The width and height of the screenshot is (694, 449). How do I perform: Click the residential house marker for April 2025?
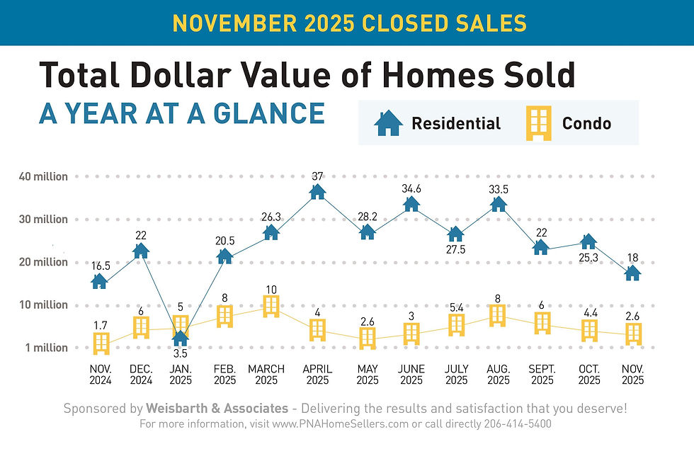tap(317, 191)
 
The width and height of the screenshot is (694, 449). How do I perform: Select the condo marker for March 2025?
tap(271, 306)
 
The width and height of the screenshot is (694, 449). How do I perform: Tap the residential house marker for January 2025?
tap(181, 338)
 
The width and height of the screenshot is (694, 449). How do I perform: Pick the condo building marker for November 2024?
tap(102, 343)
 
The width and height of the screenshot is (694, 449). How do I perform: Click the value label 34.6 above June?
tap(412, 188)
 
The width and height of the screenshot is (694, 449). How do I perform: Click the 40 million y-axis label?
tap(44, 176)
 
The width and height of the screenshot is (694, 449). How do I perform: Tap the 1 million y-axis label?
tap(46, 348)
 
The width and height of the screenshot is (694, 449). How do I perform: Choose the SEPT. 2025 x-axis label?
tap(542, 375)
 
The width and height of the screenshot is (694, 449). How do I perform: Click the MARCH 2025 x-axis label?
tap(266, 375)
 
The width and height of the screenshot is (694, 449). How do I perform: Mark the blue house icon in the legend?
tap(387, 123)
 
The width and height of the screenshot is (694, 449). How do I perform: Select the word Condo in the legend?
tap(586, 124)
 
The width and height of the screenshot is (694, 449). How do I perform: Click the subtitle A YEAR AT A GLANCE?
tap(182, 113)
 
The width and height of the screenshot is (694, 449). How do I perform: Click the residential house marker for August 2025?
tap(499, 204)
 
